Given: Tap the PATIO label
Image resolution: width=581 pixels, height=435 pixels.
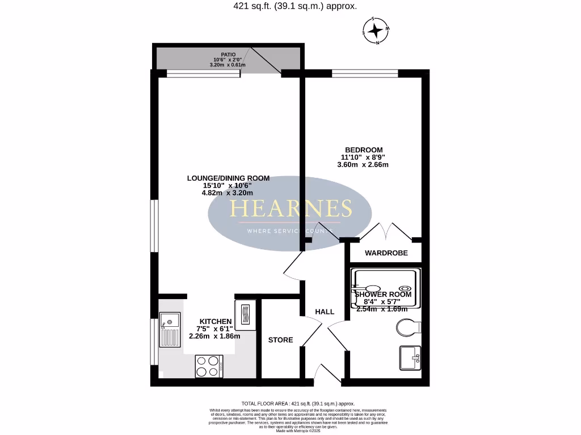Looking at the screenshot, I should (x=228, y=54).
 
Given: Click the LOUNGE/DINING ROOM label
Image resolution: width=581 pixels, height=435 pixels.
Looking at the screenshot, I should (x=228, y=178).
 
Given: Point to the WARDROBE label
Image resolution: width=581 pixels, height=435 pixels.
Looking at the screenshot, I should (x=386, y=253).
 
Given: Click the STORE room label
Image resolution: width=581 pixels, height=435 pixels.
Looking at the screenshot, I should (x=280, y=340).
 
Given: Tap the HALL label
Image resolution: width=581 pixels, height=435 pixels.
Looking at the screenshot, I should (x=325, y=312).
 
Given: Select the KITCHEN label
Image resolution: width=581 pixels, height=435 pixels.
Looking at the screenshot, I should (x=215, y=321).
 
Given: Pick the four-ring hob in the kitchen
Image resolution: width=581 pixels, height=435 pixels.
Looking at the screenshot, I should (x=209, y=366).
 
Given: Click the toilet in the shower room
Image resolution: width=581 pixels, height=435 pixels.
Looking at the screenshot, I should (x=409, y=327).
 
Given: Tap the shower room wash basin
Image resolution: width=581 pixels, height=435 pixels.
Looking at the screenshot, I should (x=410, y=357).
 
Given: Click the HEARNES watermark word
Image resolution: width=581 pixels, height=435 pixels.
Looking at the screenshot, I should (x=290, y=209).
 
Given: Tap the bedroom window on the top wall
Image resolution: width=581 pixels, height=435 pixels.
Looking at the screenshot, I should (x=365, y=72).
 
